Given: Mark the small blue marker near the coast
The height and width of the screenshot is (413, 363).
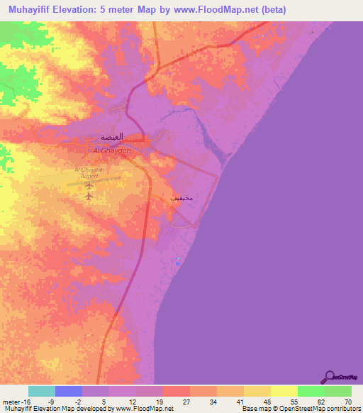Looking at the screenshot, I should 177,261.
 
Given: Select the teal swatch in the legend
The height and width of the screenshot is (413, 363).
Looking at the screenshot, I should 42,391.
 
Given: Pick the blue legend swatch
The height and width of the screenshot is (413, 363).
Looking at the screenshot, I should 69,391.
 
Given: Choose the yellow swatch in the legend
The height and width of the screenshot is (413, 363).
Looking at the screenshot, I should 284,391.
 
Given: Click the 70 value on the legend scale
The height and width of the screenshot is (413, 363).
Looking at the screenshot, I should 347,401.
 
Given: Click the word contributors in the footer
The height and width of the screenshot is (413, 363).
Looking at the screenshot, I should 341,409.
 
